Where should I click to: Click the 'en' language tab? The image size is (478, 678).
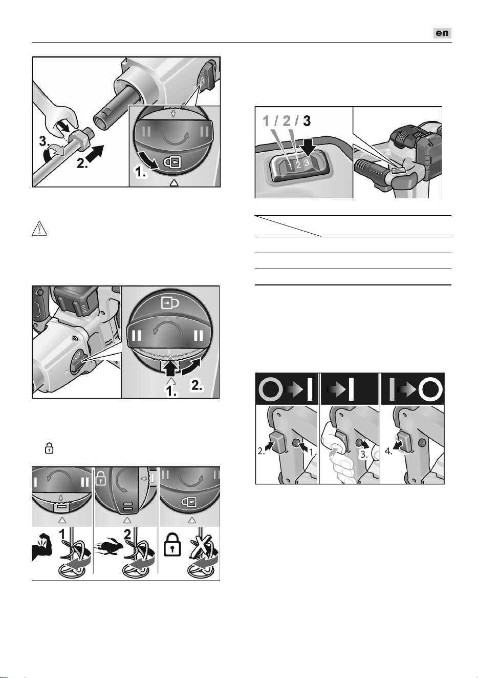click(442, 33)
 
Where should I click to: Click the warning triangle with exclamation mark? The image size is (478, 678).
click(39, 229)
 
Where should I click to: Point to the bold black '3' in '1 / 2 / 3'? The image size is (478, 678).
click(307, 121)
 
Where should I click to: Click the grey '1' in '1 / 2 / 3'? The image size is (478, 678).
click(266, 121)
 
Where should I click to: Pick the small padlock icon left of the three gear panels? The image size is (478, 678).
click(49, 448)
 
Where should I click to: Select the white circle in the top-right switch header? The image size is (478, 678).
click(431, 388)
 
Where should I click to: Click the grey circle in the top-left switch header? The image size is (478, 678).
click(270, 388)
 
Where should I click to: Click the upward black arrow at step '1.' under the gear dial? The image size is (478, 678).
click(171, 367)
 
